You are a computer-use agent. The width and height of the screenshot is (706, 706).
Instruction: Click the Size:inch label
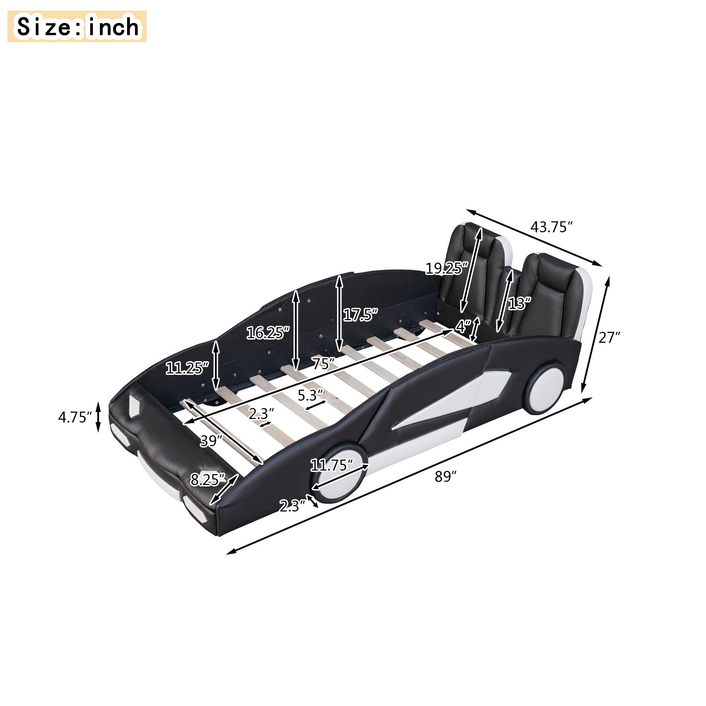77,27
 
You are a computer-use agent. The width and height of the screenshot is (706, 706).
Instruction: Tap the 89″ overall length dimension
445,477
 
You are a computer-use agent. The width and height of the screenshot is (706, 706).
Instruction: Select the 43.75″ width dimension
551,227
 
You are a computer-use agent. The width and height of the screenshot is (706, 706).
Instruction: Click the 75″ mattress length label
323,364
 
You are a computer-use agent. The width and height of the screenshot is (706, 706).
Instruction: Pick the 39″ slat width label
211,441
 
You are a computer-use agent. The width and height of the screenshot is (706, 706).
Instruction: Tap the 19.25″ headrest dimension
447,269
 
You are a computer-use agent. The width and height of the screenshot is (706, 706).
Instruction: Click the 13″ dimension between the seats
519,303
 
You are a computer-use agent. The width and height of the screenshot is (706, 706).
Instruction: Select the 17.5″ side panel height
360,315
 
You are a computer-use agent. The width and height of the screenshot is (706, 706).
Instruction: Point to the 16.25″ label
268,333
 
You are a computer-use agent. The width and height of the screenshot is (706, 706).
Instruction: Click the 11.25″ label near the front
187,368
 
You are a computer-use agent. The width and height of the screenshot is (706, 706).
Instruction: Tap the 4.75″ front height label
74,417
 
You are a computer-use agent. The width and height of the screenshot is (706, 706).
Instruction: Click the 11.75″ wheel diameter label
331,465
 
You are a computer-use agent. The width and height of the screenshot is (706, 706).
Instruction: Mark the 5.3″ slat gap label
310,395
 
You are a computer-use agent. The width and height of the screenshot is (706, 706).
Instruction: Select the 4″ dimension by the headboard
463,326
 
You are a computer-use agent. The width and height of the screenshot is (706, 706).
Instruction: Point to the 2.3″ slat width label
261,414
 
